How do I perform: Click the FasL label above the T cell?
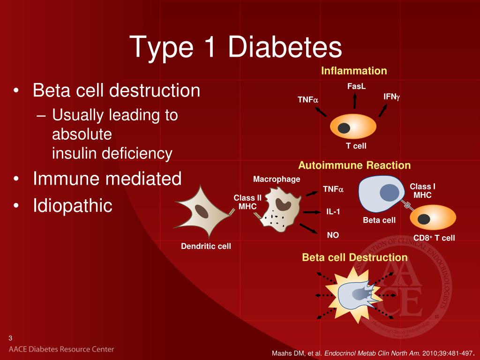(356, 86)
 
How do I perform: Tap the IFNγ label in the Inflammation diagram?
(391, 97)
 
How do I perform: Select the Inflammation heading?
(354, 71)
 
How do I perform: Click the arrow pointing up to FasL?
(354, 100)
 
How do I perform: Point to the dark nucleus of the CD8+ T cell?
(424, 219)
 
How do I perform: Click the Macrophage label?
(277, 179)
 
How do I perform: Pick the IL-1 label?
(333, 211)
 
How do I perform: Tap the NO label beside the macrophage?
(333, 235)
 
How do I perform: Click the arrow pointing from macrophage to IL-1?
(312, 212)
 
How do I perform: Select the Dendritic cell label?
(206, 246)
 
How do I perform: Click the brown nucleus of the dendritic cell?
(202, 211)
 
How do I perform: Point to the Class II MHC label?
(247, 202)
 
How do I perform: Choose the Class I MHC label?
(422, 191)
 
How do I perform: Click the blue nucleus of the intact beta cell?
(390, 193)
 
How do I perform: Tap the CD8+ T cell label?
(434, 238)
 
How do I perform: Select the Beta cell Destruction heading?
(355, 257)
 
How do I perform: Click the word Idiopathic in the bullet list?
(73, 206)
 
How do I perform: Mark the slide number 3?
(11, 338)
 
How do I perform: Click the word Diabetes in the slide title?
(285, 47)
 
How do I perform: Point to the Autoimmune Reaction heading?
(354, 165)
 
